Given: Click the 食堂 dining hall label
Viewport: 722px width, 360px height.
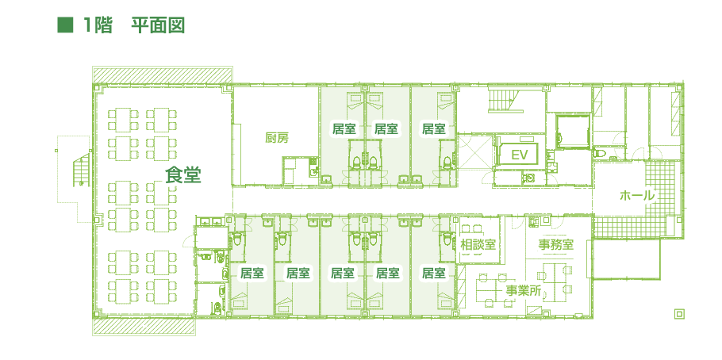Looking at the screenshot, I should point(182,175).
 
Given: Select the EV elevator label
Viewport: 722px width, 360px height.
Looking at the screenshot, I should point(520,153).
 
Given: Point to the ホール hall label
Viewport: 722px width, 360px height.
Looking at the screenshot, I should point(637,195).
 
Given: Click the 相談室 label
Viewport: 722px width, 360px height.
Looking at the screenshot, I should point(478,244).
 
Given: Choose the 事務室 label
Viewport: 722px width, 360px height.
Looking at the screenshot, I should point(555,244).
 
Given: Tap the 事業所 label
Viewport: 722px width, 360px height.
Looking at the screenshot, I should point(524,291).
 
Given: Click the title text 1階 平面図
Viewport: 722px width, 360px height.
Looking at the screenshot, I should point(133,25).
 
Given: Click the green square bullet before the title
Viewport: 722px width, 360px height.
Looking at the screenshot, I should point(64,25).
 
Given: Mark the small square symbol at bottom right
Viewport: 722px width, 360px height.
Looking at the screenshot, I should point(678,313).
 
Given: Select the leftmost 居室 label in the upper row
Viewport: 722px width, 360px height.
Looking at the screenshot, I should point(344,128).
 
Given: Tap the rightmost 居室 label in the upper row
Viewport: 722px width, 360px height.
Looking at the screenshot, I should point(433,128).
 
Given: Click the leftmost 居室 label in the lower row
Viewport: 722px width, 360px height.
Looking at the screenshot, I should point(252,274).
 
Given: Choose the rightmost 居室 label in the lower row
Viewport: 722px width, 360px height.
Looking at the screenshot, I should point(433,274).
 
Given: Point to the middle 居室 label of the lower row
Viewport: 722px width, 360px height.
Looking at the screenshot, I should point(342,274).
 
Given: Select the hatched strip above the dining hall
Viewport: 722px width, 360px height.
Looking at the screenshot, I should point(161,75).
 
